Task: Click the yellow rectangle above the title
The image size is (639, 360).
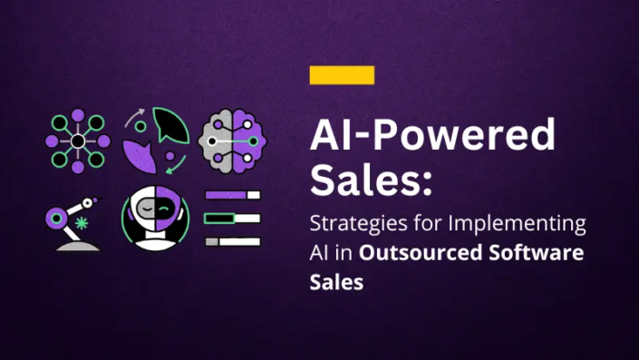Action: click(x=342, y=75)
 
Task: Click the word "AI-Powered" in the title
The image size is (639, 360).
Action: click(x=431, y=136)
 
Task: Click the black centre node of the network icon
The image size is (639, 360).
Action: click(x=78, y=141)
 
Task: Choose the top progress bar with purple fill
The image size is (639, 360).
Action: click(x=233, y=195)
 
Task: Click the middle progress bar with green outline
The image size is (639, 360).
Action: click(x=233, y=218)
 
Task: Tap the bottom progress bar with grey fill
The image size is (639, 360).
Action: click(x=233, y=241)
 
